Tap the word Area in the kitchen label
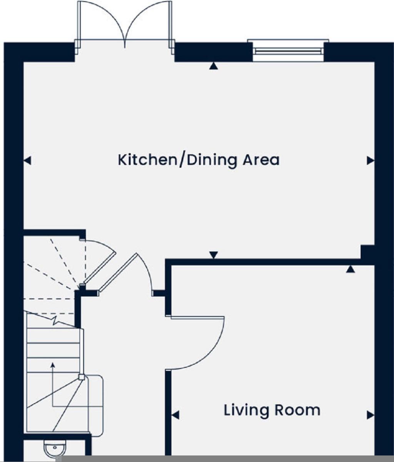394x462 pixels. tap(261, 160)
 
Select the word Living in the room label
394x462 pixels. tap(247, 410)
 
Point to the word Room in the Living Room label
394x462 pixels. tap(297, 410)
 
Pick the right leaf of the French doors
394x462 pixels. tap(149, 21)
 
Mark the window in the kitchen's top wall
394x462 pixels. tap(288, 51)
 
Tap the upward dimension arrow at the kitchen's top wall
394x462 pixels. tap(214, 66)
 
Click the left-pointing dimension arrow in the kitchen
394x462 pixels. tap(27, 160)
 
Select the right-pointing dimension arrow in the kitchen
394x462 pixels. tap(371, 160)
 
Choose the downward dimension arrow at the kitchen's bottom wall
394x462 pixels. tap(214, 255)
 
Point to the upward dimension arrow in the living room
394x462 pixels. tap(350, 269)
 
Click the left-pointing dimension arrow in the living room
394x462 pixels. tap(175, 415)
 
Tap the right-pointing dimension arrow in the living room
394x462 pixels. tap(371, 415)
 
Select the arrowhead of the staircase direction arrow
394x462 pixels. tap(52, 364)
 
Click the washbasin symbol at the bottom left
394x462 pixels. tap(54, 449)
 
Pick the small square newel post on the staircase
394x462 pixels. tap(81, 377)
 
